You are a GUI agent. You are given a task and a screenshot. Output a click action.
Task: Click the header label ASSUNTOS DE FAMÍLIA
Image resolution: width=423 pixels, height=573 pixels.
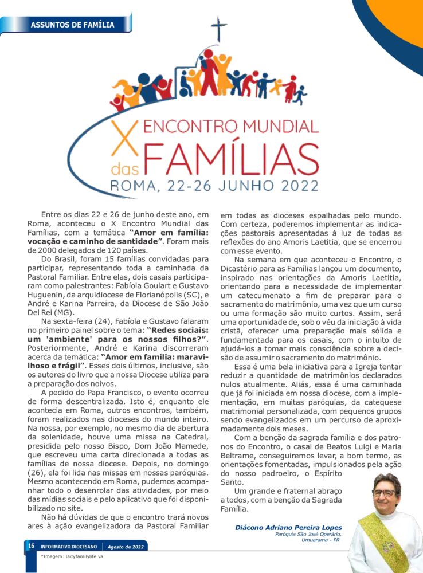(72, 25)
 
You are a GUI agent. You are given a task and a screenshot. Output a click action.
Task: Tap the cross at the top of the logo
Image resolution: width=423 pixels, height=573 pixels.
(218, 29)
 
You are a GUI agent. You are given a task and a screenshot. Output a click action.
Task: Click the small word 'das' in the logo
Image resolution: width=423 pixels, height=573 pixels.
(124, 169)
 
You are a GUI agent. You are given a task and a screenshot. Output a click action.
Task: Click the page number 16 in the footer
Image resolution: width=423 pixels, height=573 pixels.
(30, 546)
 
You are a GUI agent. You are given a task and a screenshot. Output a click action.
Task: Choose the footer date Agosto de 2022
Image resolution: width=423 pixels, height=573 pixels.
(127, 547)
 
